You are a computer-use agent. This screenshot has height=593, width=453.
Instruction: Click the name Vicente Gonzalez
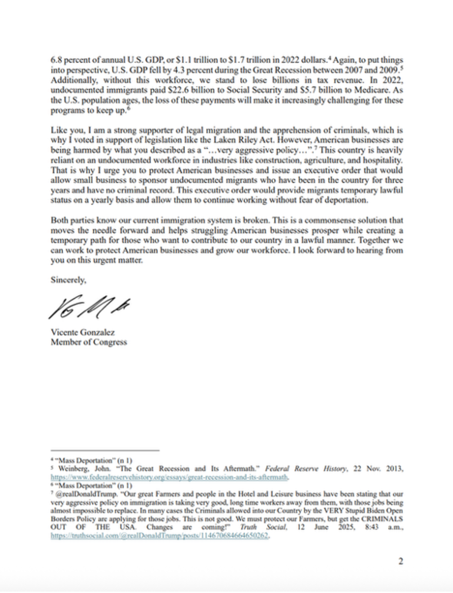pyautogui.click(x=83, y=332)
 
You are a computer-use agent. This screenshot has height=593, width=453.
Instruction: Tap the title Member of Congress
pyautogui.click(x=89, y=342)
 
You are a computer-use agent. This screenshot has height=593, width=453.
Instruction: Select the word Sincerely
pyautogui.click(x=68, y=281)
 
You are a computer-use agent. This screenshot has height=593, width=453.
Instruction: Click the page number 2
pyautogui.click(x=400, y=561)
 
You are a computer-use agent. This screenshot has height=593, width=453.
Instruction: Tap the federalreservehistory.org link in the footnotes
pyautogui.click(x=170, y=477)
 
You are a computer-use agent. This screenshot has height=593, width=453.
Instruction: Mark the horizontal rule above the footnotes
pyautogui.click(x=105, y=450)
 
